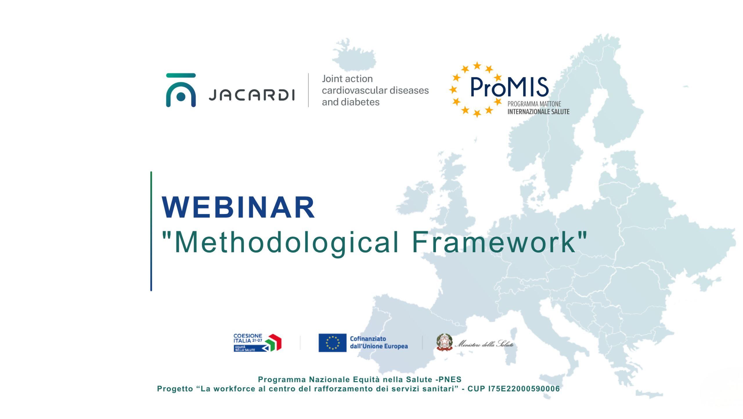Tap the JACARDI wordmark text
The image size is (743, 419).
coord(252,95)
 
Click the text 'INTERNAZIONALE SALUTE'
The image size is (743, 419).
coord(538,112)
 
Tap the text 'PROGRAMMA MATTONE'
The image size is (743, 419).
coord(534,104)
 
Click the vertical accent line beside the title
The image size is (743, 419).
coord(151,231)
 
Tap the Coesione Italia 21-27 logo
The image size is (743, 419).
coord(257,342)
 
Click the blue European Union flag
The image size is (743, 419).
coord(332,342)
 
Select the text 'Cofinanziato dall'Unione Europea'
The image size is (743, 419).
coord(378,342)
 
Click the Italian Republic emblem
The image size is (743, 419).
coord(444,342)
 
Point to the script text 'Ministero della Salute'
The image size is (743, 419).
coord(484,344)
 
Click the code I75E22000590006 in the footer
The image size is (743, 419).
coord(524,389)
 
